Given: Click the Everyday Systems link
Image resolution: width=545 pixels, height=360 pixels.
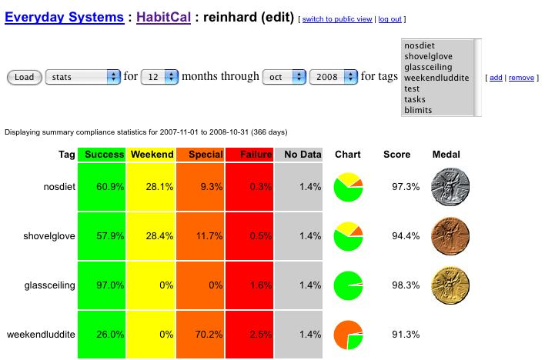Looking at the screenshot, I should click(64, 17).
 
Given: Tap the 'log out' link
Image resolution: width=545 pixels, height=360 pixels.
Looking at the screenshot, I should click(390, 19).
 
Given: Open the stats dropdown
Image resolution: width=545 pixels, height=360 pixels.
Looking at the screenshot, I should click(83, 77).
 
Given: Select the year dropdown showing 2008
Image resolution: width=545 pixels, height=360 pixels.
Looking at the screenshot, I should click(334, 77).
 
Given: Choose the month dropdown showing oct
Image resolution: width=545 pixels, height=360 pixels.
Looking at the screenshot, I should click(284, 77).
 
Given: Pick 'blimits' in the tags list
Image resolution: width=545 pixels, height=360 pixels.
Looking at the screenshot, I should click(418, 110).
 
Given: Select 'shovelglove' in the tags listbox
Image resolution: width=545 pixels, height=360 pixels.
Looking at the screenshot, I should click(428, 56).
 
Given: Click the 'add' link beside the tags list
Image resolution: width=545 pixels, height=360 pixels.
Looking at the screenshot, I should click(496, 78).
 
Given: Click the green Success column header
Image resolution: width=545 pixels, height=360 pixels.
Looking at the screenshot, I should click(102, 155).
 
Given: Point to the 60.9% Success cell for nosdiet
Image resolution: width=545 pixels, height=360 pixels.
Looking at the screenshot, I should click(102, 187).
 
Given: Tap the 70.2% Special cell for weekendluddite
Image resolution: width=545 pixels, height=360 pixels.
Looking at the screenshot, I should click(201, 335).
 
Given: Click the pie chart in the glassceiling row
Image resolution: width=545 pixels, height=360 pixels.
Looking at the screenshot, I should click(348, 285).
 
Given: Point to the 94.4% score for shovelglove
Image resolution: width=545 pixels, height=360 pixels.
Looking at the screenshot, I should click(401, 236).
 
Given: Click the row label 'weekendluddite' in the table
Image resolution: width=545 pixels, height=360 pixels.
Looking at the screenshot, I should click(41, 335).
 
